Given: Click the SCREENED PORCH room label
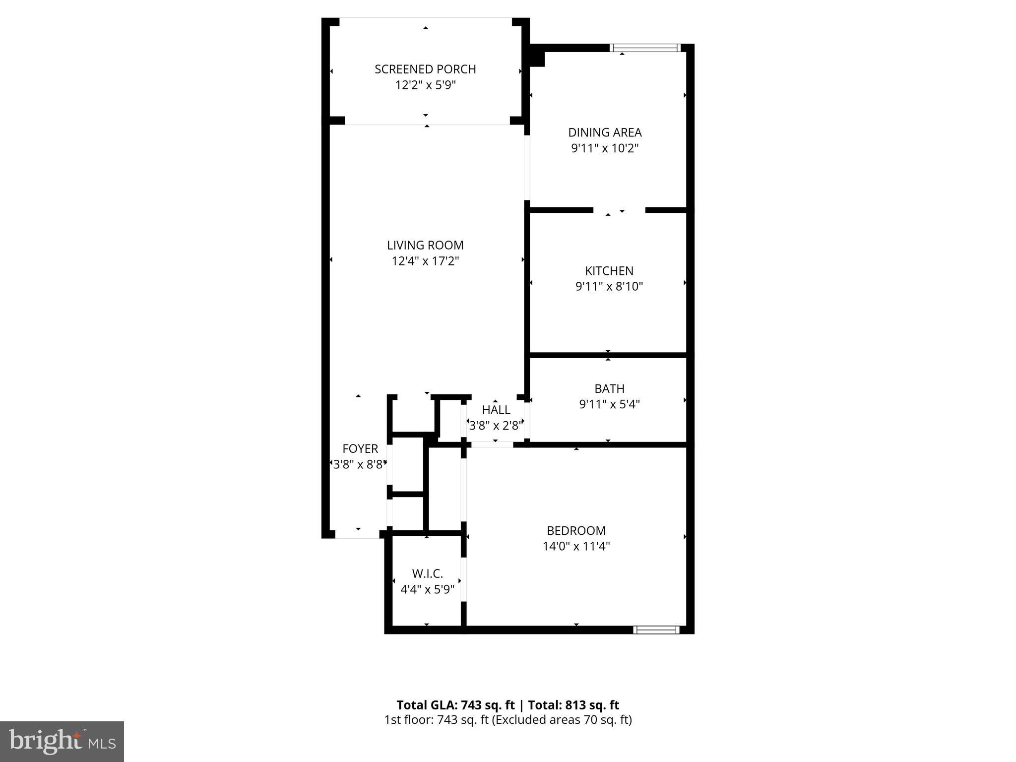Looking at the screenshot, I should tap(425, 69).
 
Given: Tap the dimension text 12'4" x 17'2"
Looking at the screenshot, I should tap(425, 261).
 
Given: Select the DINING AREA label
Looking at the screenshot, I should tap(605, 132).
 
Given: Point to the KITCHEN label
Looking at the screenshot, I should tap(609, 271).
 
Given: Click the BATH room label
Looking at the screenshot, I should tap(609, 388).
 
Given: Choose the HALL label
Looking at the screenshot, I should tap(496, 410).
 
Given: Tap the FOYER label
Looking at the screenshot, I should tap(360, 448).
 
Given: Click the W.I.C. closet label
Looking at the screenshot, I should tap(427, 573).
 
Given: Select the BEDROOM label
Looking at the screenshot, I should tap(576, 530).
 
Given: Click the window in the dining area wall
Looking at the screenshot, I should tap(644, 48).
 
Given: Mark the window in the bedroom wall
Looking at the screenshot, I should tap(656, 630).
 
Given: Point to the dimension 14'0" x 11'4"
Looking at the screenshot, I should tap(576, 546).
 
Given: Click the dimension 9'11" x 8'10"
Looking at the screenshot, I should tap(609, 286).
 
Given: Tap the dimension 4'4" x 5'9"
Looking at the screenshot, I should tap(427, 589).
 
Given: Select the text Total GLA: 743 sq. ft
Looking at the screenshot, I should tap(455, 705).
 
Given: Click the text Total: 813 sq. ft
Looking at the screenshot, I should tap(573, 705).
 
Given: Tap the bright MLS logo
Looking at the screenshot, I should tap(62, 741).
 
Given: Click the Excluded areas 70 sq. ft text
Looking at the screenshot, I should tap(562, 720).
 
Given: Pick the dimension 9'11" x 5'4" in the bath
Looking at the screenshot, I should tap(609, 404).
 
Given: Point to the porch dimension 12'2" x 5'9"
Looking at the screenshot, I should tap(425, 85).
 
